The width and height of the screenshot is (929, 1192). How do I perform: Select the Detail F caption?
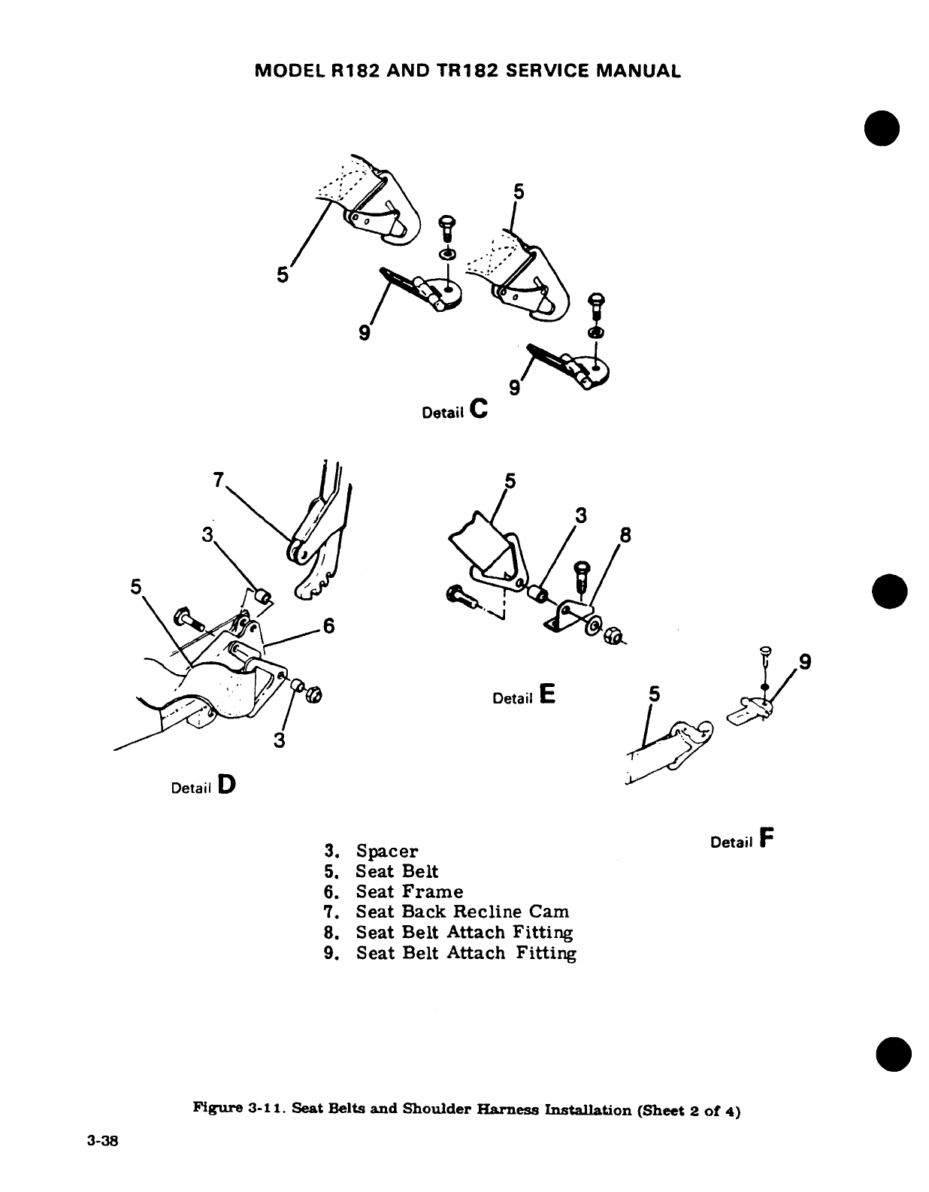[x=742, y=840]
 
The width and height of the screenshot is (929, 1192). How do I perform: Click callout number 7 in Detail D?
[x=217, y=480]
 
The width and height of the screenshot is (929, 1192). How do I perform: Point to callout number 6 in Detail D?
[x=328, y=626]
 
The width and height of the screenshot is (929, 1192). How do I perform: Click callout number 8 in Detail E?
[x=625, y=536]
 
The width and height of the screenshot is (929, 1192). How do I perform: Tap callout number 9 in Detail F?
[x=805, y=662]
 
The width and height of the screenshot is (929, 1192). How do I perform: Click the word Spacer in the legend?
[x=386, y=852]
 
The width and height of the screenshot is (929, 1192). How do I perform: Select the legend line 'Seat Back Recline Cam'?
[x=462, y=912]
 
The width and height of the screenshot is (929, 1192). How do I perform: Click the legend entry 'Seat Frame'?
[x=409, y=892]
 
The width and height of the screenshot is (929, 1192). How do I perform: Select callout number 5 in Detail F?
[x=653, y=696]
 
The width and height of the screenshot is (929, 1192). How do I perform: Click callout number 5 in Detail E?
[x=510, y=480]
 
